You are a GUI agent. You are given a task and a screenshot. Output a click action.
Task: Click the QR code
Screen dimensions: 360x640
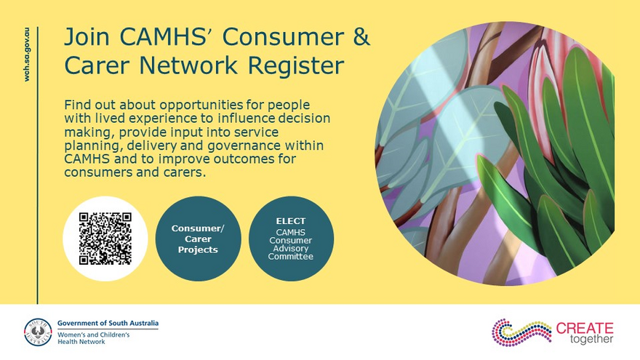click(x=105, y=239)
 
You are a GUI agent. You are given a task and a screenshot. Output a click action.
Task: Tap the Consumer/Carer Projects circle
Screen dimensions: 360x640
click(x=198, y=239)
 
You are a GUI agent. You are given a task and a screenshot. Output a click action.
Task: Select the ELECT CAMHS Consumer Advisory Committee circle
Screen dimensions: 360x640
click(x=291, y=239)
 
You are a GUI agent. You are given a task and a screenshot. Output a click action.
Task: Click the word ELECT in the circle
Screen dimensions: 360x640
click(x=291, y=221)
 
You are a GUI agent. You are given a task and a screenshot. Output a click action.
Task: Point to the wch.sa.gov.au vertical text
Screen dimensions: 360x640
click(x=28, y=55)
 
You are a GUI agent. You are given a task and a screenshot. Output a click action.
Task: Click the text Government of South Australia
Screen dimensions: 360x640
click(x=107, y=323)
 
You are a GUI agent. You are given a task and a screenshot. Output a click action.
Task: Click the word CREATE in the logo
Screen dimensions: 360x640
click(x=585, y=328)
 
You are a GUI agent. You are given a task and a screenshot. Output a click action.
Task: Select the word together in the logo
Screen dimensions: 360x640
click(x=591, y=340)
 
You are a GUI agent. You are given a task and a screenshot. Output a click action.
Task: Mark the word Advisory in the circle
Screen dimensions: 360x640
click(x=291, y=248)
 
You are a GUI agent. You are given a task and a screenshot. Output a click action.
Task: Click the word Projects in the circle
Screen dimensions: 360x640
click(x=198, y=249)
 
